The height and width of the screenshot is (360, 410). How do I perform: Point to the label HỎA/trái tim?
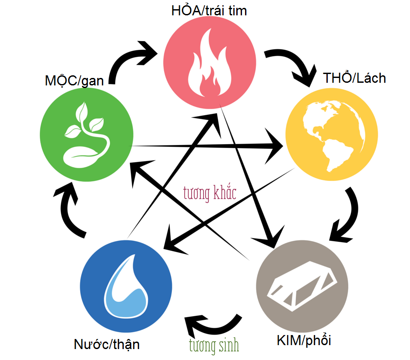(x=209, y=10)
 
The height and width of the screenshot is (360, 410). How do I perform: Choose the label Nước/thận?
(x=107, y=344)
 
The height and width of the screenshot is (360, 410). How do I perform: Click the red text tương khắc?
(x=210, y=193)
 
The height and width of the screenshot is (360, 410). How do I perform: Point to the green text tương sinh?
(x=214, y=345)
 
